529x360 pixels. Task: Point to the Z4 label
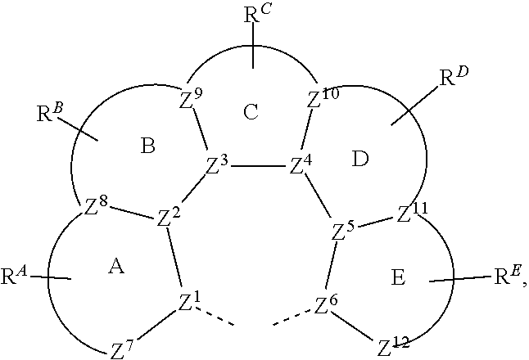tap(301, 165)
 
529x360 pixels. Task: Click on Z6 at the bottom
tap(325, 306)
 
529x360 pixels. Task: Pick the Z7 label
tap(120, 350)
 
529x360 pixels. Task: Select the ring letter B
tap(148, 146)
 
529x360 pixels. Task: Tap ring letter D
tap(361, 158)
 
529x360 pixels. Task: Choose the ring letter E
tap(398, 278)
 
